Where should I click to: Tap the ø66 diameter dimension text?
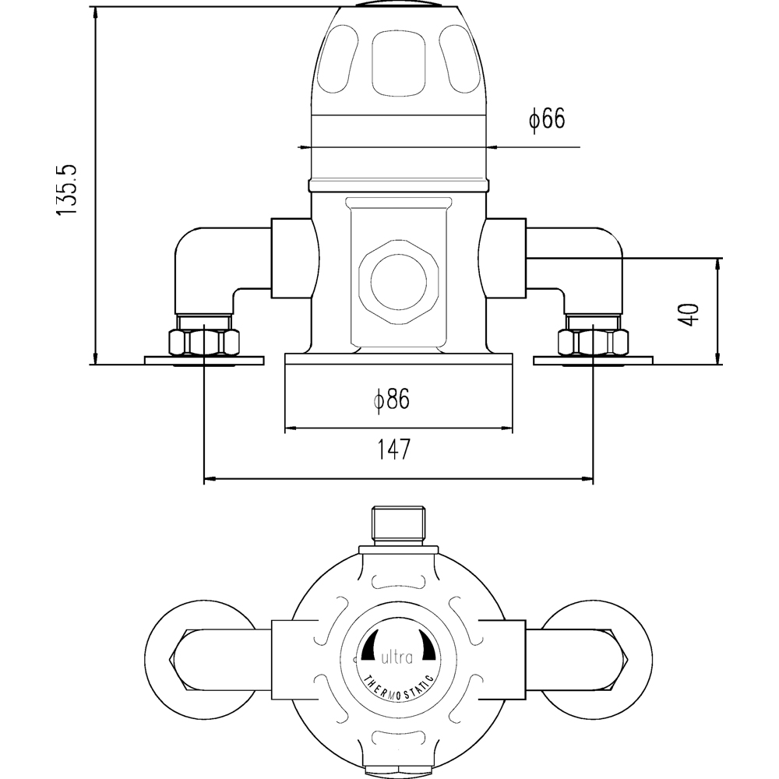coord(546,120)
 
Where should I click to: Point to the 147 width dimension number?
coord(393,449)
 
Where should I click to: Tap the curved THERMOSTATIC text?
coord(398,683)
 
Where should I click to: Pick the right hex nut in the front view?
coord(592,342)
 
